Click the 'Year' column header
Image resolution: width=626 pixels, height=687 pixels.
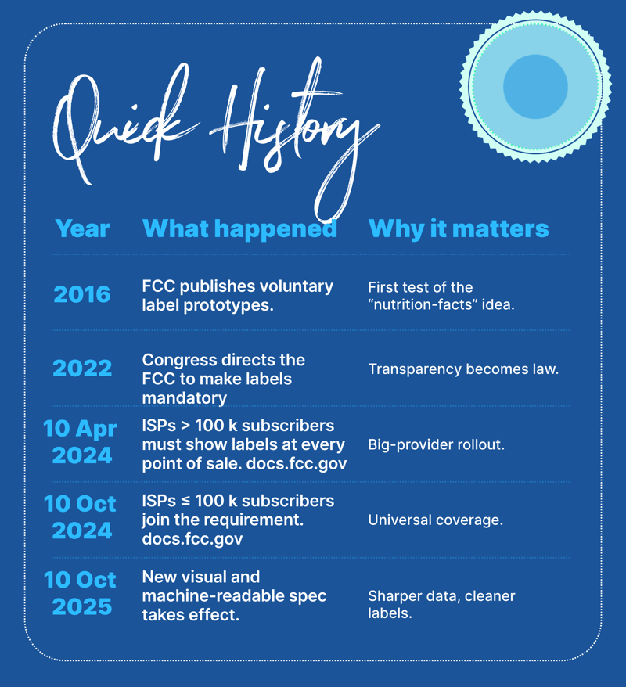tap(82, 228)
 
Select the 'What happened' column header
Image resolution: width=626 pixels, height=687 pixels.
tap(240, 228)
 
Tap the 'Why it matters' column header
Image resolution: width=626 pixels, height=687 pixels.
tap(459, 228)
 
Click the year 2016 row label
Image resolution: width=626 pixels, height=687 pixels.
tap(82, 294)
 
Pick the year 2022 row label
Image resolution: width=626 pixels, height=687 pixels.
tap(82, 368)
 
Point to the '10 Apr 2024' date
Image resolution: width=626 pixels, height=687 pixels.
tap(81, 441)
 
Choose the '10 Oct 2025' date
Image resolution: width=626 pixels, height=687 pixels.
tap(80, 593)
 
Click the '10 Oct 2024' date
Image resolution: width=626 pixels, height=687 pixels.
tap(80, 517)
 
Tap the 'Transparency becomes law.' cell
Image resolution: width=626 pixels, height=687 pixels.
tap(463, 369)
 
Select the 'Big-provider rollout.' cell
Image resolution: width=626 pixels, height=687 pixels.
tap(437, 444)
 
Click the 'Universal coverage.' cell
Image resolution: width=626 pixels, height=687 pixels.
tap(435, 520)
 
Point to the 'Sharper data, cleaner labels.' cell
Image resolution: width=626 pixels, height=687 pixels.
tap(441, 604)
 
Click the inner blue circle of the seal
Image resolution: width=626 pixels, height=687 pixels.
tap(535, 87)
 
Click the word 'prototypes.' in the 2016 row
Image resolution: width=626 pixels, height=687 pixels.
tap(228, 305)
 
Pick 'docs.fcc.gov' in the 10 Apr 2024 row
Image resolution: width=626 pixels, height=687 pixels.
tap(297, 463)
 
